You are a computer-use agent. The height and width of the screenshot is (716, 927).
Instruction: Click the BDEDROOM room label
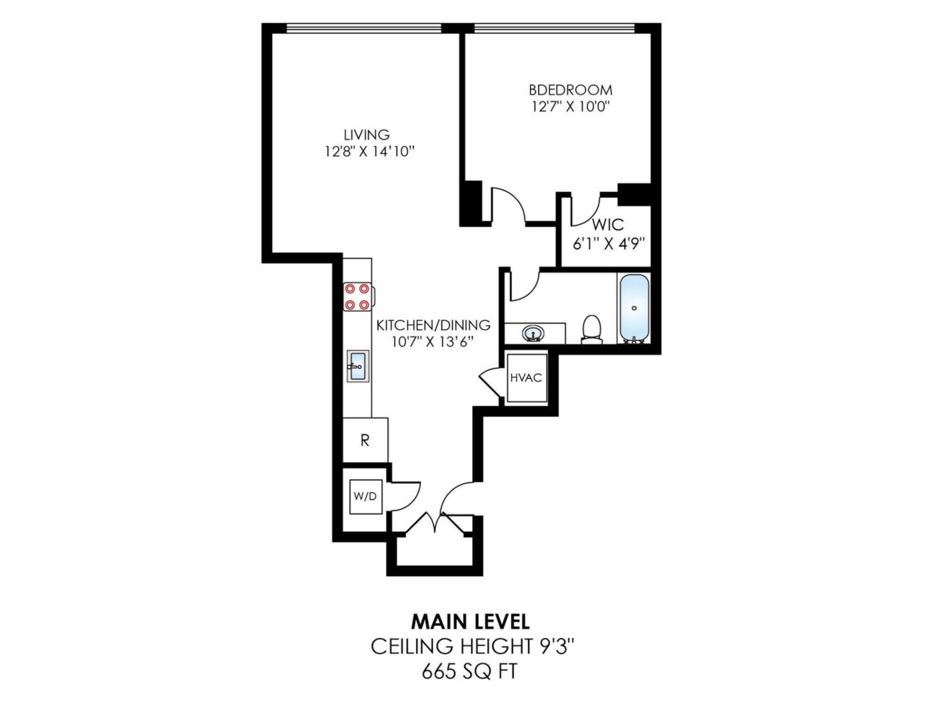point(570,90)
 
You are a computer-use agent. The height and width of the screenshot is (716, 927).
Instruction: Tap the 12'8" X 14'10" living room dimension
point(369,152)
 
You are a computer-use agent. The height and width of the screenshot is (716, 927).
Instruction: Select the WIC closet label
point(608,225)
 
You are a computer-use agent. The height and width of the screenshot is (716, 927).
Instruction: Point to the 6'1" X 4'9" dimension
point(609,244)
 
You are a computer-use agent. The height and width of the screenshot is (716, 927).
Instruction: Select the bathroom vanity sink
point(533,333)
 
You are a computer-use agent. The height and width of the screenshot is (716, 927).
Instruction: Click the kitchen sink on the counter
point(358,366)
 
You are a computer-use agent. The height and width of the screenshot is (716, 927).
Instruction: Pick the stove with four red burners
point(357,297)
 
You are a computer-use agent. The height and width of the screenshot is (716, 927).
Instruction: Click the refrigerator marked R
point(365,440)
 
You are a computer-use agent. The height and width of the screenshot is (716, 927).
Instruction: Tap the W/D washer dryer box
point(365,497)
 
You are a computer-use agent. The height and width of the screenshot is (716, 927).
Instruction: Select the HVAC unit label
point(526,378)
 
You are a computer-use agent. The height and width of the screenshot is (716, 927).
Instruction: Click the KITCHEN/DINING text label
point(433,325)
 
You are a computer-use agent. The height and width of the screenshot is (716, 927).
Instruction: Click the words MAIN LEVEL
point(470,622)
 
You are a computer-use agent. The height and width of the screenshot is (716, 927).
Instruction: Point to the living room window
point(363,29)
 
